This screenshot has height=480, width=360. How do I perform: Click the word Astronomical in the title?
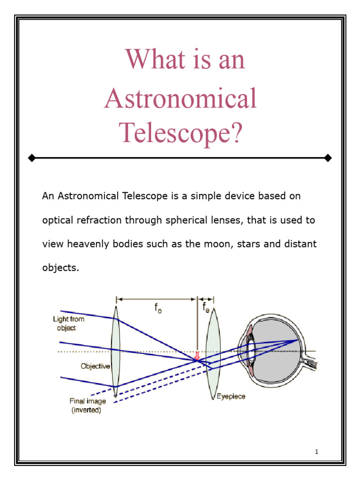(180, 99)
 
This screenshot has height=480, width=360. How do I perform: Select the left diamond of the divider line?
(31, 158)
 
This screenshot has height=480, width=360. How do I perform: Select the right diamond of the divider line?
(328, 158)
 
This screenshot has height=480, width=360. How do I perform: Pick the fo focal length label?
(158, 308)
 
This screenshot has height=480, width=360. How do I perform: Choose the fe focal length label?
(206, 308)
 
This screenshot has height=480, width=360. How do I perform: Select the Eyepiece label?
(231, 397)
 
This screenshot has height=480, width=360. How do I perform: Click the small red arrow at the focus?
(197, 356)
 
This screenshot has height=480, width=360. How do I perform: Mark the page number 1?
(317, 452)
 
